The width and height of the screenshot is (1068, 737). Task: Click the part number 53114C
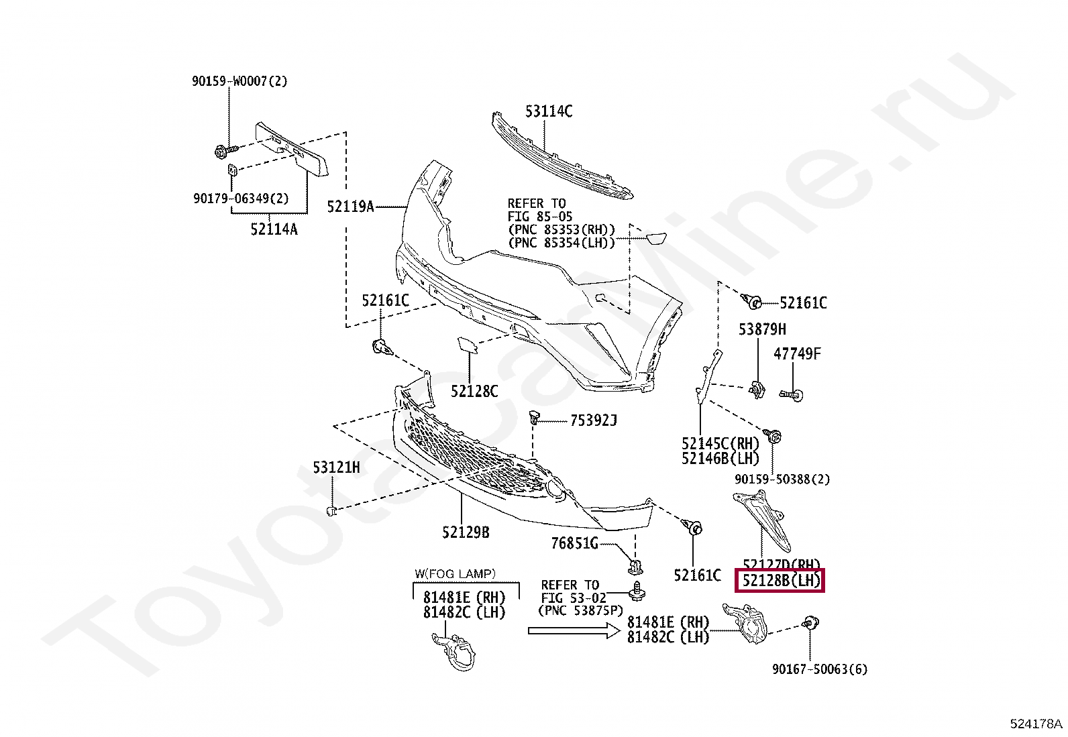[548, 111]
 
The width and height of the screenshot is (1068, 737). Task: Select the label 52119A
[350, 207]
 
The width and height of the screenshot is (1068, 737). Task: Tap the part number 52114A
[274, 229]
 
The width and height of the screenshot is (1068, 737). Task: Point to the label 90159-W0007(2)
[239, 81]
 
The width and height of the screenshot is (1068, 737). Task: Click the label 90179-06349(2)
[240, 199]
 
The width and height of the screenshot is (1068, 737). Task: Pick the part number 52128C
[474, 391]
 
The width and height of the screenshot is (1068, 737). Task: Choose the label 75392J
[593, 421]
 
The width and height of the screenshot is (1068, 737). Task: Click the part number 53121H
[336, 467]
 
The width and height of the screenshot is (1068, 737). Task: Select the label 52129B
[466, 532]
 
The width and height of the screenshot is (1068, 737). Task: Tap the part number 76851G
[574, 544]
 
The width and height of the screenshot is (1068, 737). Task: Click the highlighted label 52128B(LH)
[780, 581]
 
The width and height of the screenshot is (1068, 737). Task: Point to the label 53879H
[762, 329]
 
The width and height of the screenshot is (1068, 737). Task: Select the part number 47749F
[797, 353]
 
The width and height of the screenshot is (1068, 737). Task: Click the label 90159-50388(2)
[782, 479]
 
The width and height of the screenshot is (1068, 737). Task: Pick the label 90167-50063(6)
[819, 669]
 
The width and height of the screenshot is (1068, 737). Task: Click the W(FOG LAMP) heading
[455, 573]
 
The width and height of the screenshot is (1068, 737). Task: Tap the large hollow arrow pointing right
[573, 630]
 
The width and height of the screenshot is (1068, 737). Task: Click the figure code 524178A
[1036, 724]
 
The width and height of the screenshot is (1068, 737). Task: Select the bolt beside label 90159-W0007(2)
[225, 150]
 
